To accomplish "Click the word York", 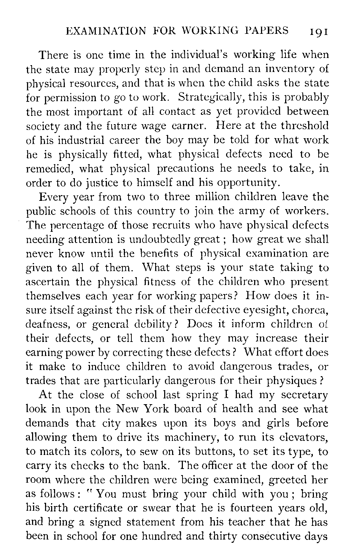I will pos(146,409).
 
